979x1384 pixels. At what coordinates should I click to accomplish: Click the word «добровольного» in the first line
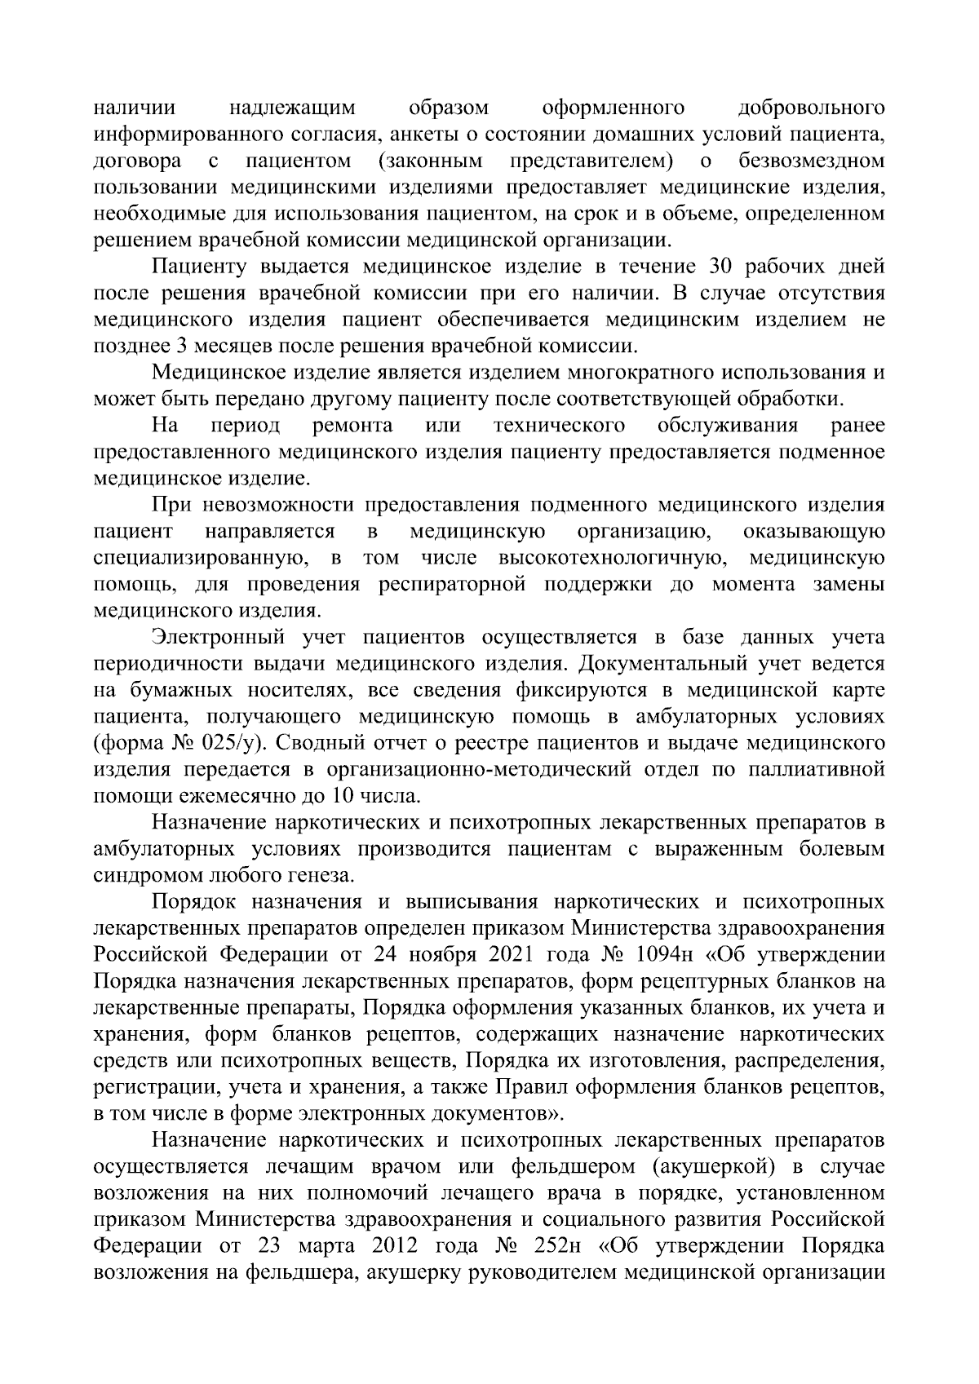coord(810,108)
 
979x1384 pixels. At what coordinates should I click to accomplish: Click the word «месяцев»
coord(234,346)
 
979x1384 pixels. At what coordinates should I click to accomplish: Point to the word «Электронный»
coord(229,638)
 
